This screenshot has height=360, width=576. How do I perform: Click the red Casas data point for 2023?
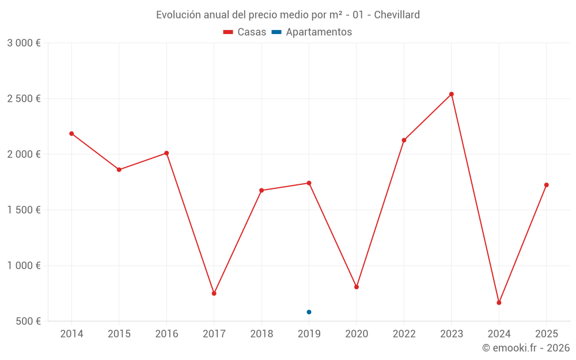[x=452, y=94]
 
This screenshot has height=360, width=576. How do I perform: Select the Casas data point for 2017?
[x=214, y=294]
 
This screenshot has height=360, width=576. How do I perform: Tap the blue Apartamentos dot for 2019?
[x=309, y=312]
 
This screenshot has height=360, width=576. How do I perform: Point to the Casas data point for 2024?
[x=499, y=302]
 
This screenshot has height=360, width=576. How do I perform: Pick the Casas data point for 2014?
[x=71, y=134]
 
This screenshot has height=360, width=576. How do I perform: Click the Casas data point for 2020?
[x=357, y=287]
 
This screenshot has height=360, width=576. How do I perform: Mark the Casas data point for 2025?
[x=547, y=185]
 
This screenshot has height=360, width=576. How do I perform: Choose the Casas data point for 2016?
[x=166, y=153]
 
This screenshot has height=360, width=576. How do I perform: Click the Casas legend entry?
[x=245, y=32]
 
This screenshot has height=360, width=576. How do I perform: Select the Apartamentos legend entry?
[x=312, y=32]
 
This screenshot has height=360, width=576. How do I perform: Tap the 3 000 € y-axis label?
[x=24, y=43]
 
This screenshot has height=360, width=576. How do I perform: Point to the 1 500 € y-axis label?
[x=24, y=210]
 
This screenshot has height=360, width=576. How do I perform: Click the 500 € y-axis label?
[x=28, y=321]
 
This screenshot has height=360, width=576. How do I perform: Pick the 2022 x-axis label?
[x=404, y=334]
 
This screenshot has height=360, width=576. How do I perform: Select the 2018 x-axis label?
[x=262, y=334]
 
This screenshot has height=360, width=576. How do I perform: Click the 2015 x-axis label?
[x=119, y=334]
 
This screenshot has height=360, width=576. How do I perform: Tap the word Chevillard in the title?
[x=397, y=15]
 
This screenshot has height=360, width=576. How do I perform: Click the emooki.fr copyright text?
[x=526, y=348]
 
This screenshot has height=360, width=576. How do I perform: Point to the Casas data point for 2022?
[x=404, y=140]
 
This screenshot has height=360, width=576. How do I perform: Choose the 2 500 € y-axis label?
[x=24, y=99]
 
